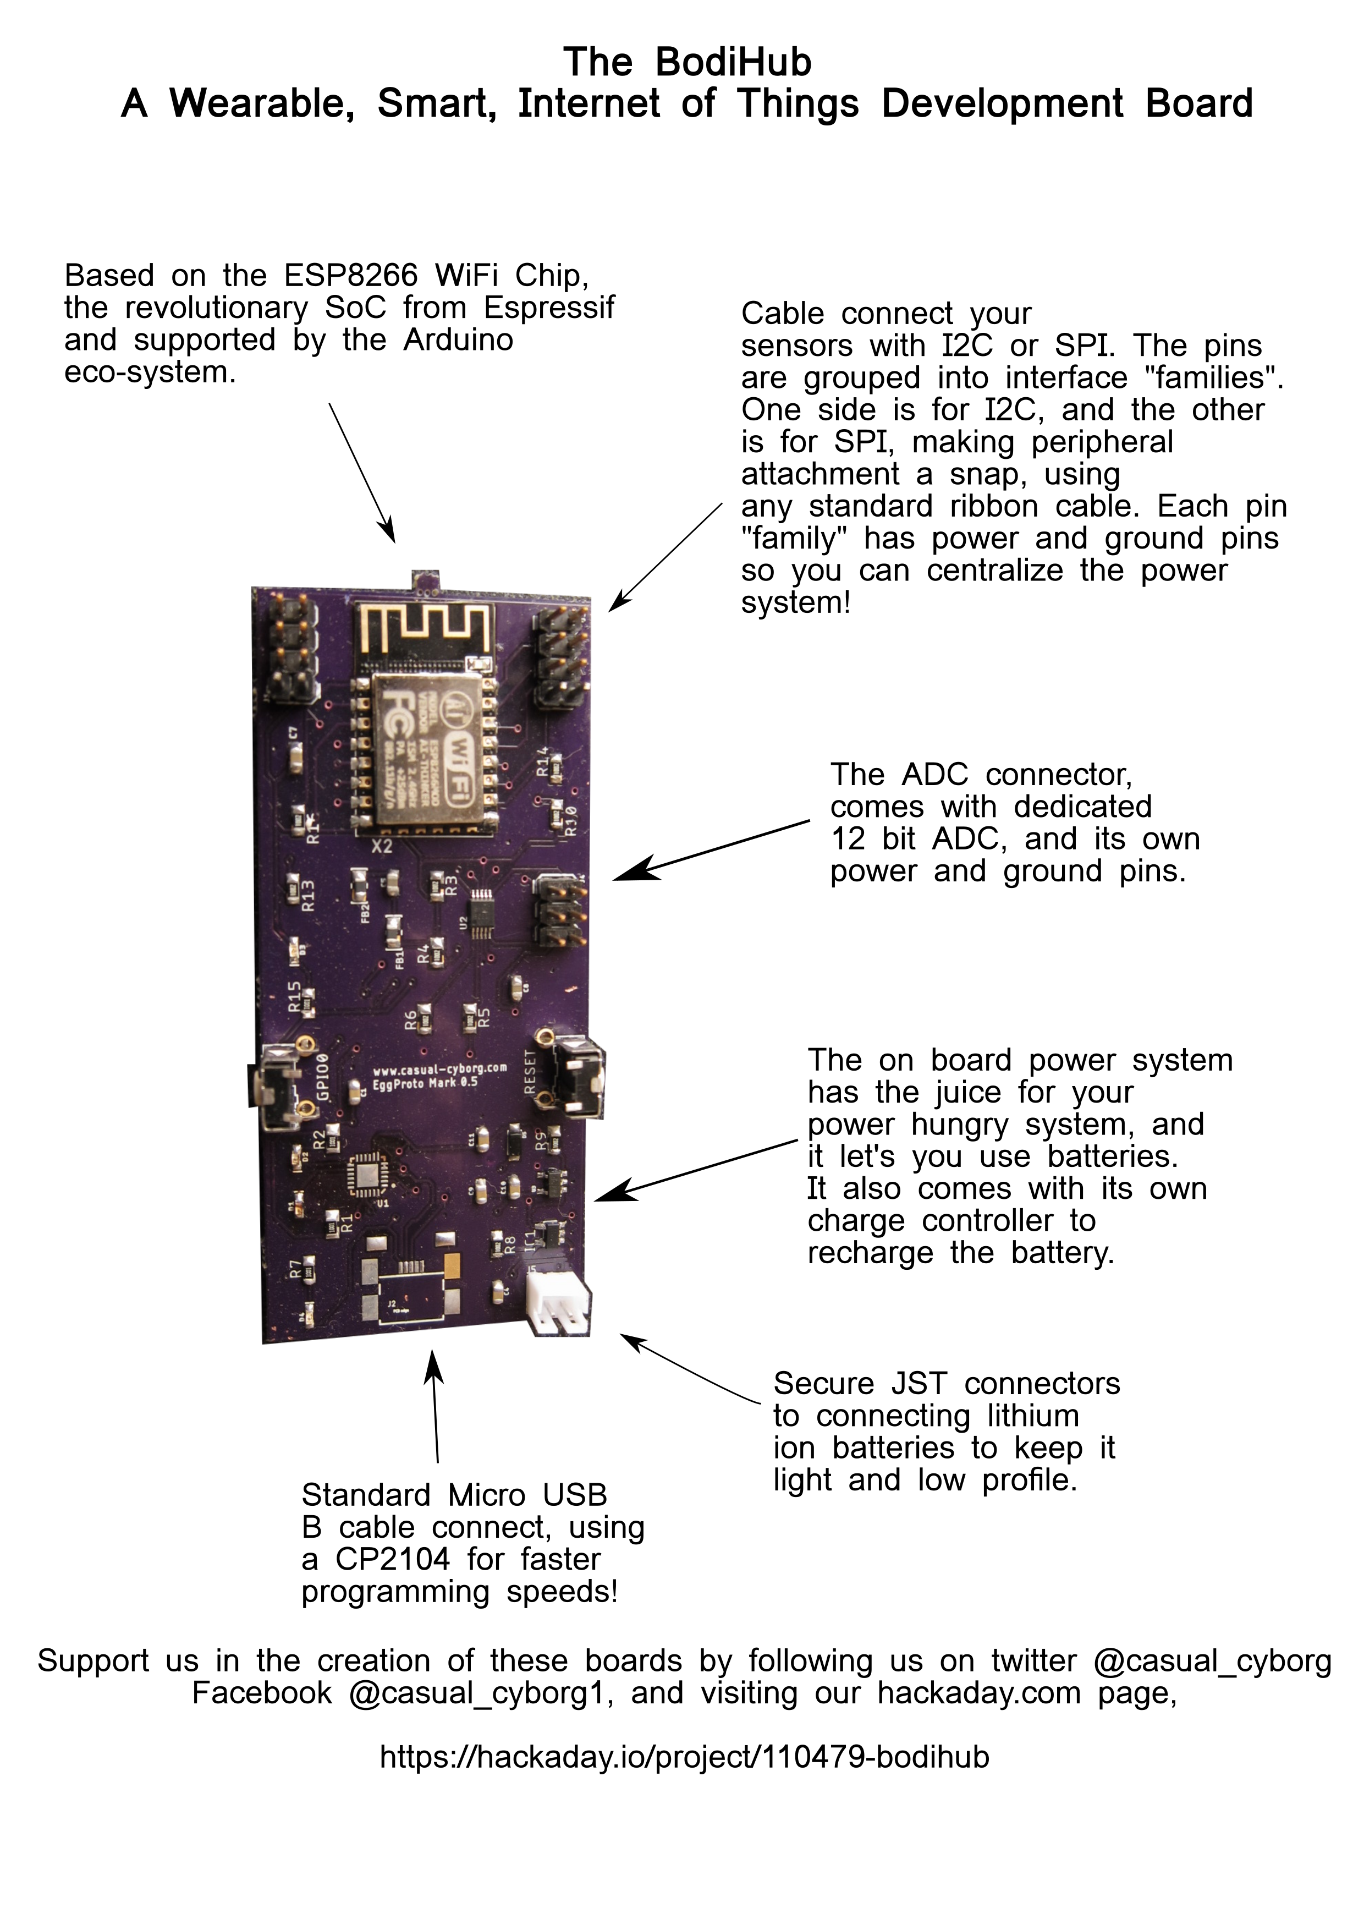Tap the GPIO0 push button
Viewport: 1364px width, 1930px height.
point(277,1086)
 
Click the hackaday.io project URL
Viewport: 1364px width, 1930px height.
point(684,1757)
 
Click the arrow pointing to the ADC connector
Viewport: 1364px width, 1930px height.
point(710,851)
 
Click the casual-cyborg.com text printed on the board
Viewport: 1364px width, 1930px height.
point(439,1069)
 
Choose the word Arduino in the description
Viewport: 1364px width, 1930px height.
point(458,339)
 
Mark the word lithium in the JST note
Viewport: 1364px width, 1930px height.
point(1032,1416)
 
